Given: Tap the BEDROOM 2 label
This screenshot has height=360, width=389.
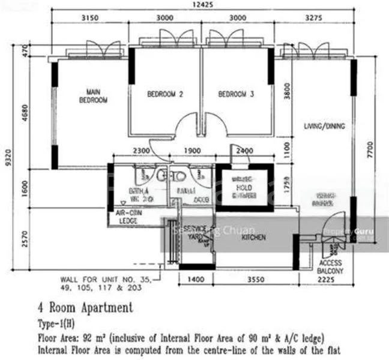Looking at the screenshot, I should (165, 94).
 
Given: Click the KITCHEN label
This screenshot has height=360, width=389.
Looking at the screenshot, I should (253, 238).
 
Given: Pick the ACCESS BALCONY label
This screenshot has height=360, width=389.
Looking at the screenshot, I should (331, 266).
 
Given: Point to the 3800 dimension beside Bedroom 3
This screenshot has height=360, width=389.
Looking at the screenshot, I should (287, 94).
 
